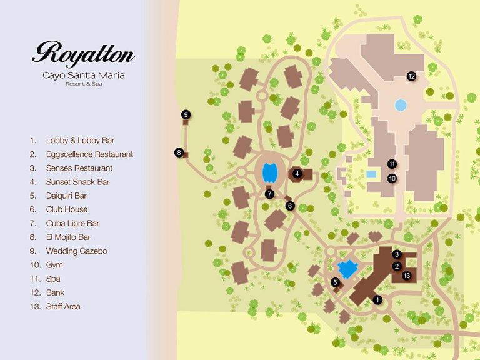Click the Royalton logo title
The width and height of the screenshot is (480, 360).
coord(83,54)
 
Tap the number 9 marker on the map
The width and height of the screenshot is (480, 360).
coord(186,114)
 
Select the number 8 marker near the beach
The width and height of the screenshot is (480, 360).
coord(179,152)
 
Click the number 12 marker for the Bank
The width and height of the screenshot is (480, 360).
coord(411,76)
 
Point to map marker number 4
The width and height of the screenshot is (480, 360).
coord(297,173)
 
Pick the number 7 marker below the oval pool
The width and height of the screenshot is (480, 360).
coord(269,194)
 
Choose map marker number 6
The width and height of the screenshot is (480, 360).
coord(289,206)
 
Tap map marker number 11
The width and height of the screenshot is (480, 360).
coord(392,164)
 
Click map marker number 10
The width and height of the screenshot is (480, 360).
coord(392,178)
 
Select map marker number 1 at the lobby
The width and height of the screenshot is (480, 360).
coord(377,300)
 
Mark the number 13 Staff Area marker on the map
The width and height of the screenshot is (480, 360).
coord(406,276)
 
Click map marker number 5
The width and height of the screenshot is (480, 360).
coord(335,282)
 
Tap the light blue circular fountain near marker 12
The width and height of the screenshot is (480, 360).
coord(400,106)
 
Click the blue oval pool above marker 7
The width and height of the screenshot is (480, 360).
coord(269,171)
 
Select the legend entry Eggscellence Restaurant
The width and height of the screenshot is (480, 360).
coord(89,154)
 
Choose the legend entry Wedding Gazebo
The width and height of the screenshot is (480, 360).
coord(76,251)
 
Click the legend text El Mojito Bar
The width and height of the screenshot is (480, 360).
coord(68,237)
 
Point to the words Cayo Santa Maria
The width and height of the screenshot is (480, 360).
coord(83,76)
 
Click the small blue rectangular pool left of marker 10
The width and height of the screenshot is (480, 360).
coord(371,174)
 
